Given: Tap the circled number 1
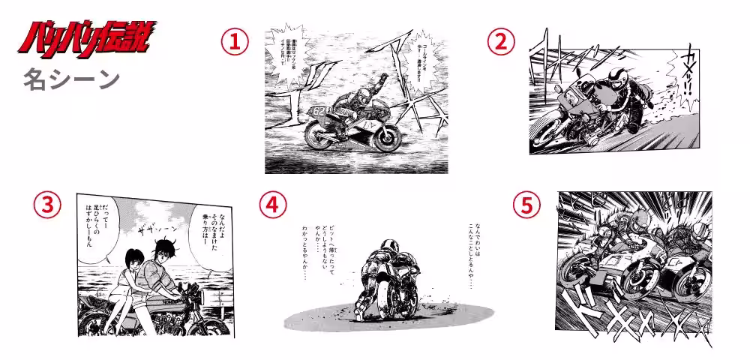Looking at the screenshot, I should tap(235, 43).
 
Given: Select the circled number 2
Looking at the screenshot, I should tap(501, 43).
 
